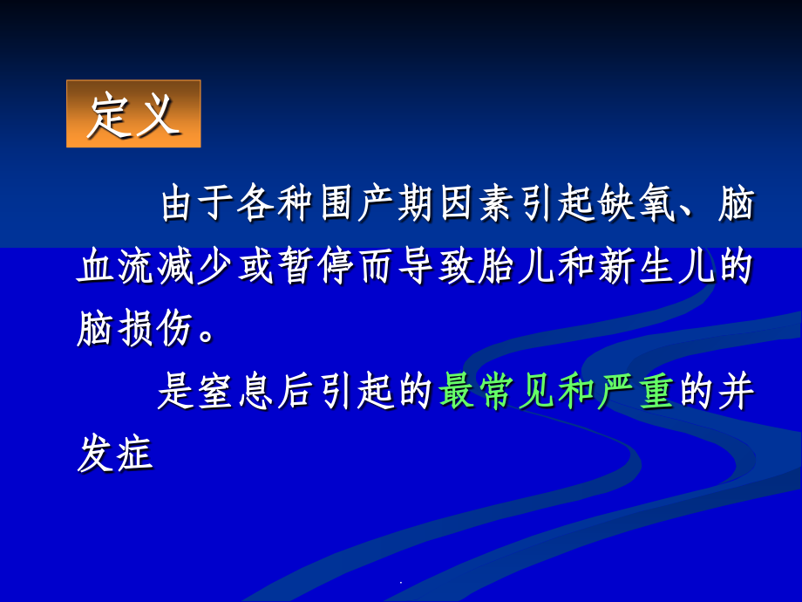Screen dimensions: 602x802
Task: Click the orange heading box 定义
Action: coord(133,113)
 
